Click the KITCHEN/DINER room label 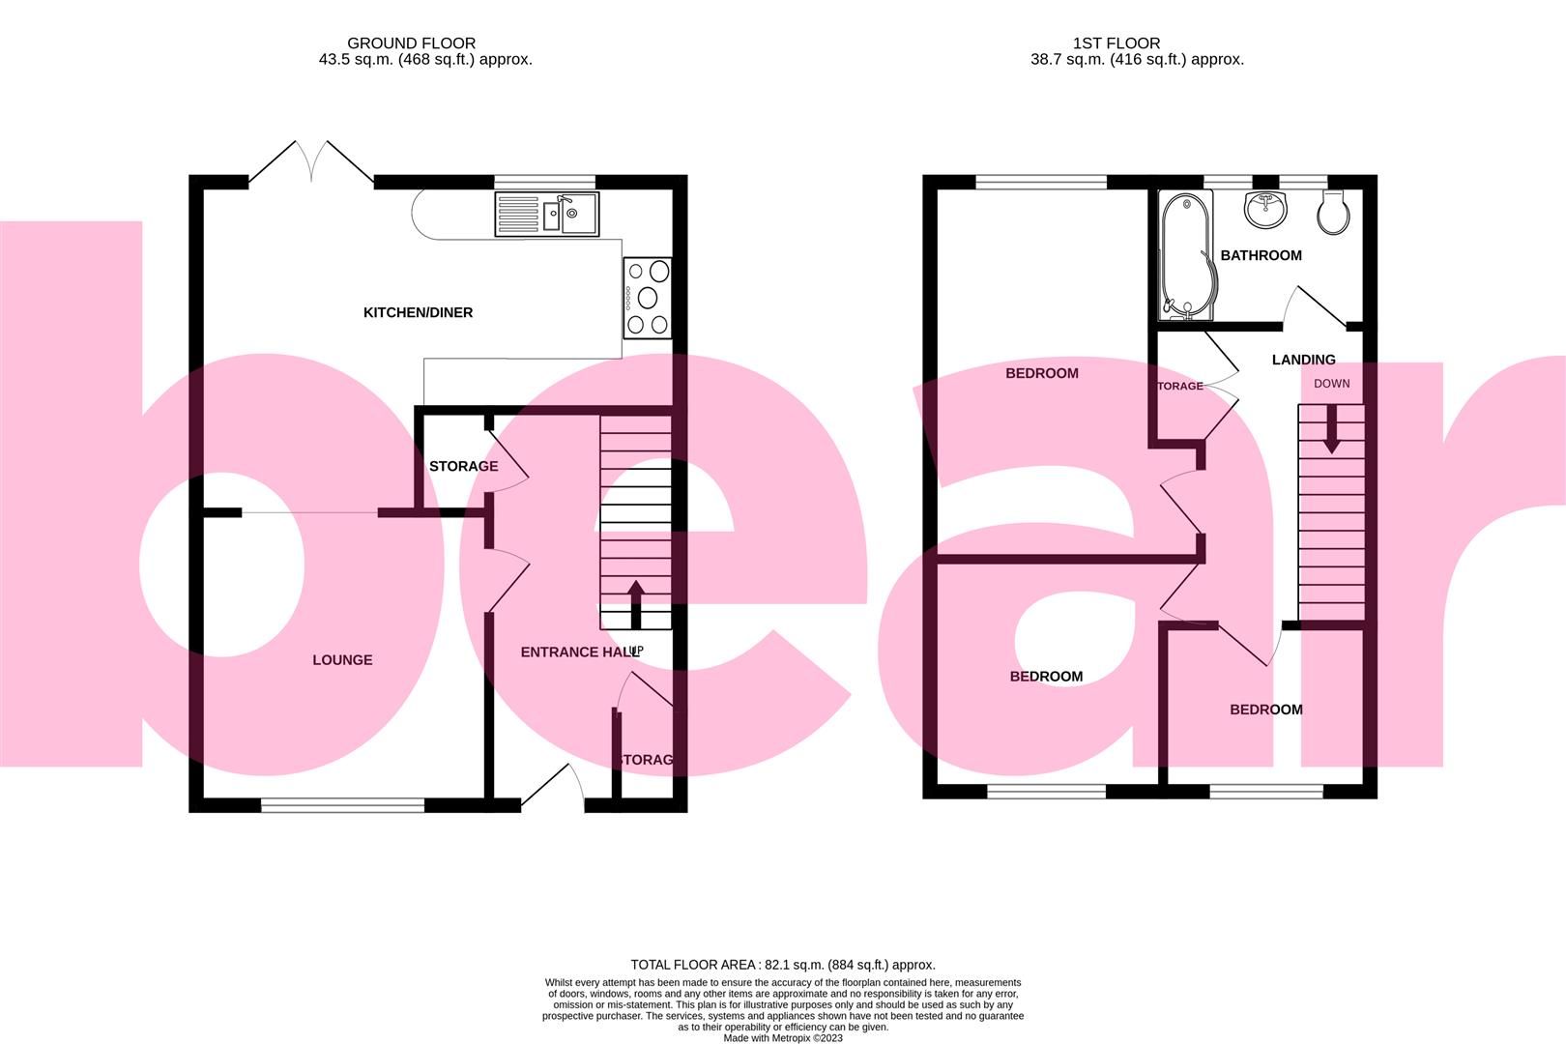(418, 312)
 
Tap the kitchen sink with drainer (546, 215)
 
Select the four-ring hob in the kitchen (648, 298)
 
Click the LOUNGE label (342, 660)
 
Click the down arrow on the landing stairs (1331, 428)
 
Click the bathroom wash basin (1265, 209)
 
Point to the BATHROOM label (1261, 255)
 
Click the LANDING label (1303, 360)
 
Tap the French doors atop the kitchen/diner (311, 161)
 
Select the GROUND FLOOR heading (411, 43)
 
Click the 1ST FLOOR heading (1116, 43)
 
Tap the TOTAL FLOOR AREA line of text (782, 965)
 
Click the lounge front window (342, 803)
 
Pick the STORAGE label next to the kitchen (463, 466)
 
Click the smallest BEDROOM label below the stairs (1265, 710)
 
